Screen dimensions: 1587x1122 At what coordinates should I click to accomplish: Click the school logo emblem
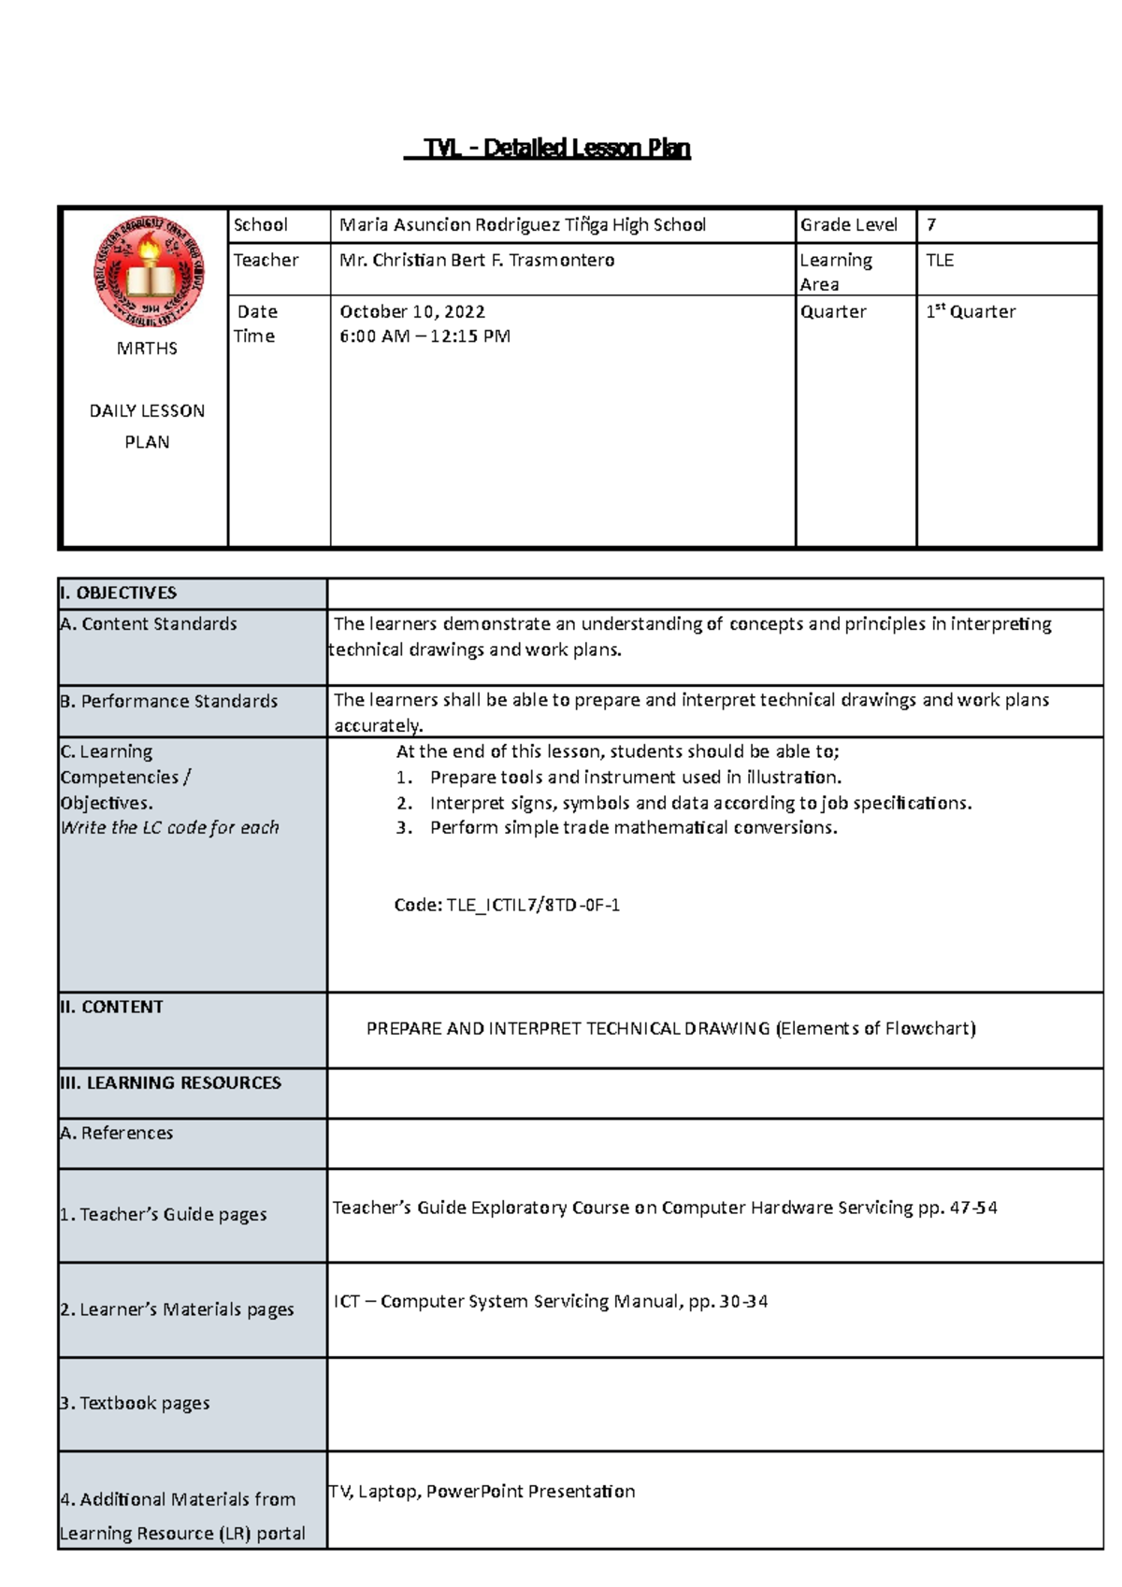click(149, 271)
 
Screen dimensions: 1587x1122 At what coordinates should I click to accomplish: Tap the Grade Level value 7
click(930, 225)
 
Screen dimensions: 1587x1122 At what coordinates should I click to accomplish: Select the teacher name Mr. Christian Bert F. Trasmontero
click(477, 261)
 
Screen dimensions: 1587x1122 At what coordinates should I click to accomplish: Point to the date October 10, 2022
click(411, 312)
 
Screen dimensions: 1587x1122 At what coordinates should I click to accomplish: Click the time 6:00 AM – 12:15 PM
click(424, 336)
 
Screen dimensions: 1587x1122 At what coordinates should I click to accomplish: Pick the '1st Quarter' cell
click(970, 312)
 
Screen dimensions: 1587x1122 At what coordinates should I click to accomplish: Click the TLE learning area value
click(939, 261)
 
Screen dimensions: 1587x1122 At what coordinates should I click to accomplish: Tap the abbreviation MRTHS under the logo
click(147, 349)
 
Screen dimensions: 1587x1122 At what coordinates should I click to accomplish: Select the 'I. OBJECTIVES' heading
click(118, 593)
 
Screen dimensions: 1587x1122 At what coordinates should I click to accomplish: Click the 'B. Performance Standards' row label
click(169, 701)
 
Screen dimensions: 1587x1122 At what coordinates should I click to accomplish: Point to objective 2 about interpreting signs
click(700, 803)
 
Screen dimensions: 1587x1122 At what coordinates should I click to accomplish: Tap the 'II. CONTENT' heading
click(111, 1008)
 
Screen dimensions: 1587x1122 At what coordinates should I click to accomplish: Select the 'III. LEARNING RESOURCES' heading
click(170, 1083)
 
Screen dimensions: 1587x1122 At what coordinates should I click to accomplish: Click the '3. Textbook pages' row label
click(135, 1403)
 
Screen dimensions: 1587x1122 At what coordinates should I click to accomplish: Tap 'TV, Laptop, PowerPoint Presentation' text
click(482, 1492)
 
